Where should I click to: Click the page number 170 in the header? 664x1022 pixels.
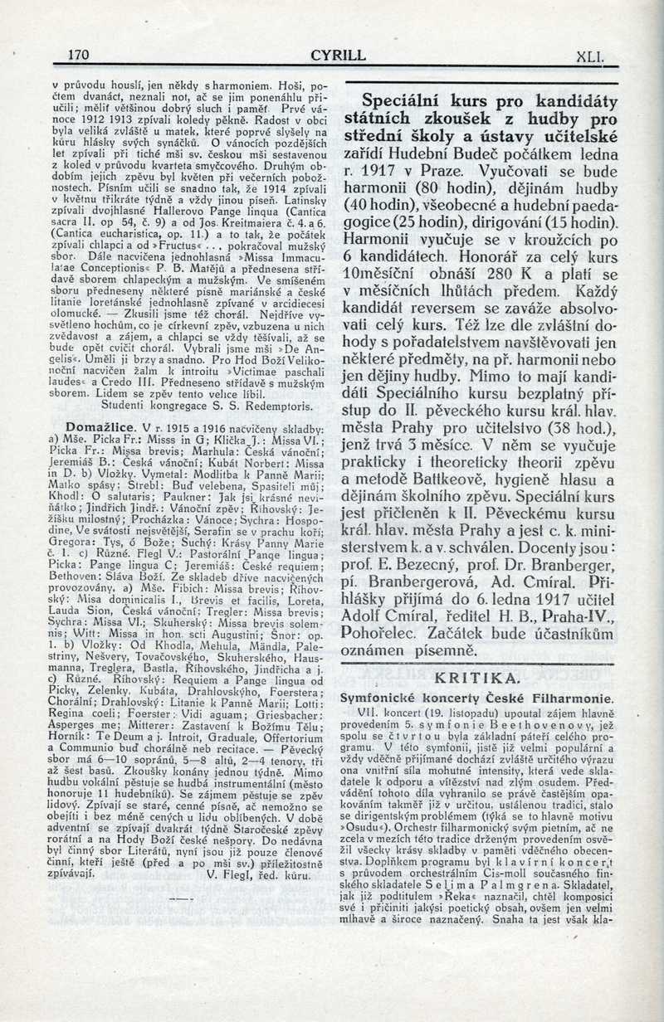(78, 56)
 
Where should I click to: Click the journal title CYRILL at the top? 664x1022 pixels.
(338, 56)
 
